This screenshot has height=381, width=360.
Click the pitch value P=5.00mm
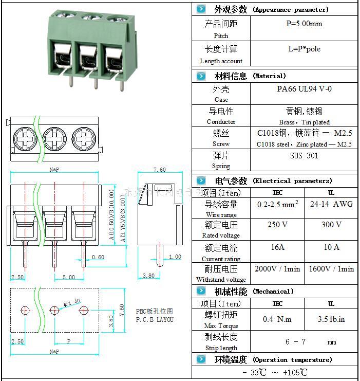coord(304,24)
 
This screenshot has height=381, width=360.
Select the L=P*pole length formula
coord(304,49)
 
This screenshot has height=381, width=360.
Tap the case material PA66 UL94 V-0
coord(304,89)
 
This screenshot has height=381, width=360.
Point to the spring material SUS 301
coord(304,156)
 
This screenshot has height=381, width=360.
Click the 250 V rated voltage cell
coord(277,225)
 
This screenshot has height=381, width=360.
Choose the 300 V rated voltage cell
coord(331,225)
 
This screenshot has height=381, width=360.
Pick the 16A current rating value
coord(277,247)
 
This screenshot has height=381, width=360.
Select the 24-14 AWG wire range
coord(331,204)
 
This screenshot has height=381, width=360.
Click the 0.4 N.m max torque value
coord(277,319)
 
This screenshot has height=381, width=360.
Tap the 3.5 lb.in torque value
coord(331,319)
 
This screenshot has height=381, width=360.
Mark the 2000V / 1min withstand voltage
coord(277,269)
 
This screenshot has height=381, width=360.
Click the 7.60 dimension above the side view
coord(160,170)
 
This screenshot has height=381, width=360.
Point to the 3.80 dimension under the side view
coord(148,276)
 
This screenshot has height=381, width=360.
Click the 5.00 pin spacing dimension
coord(69,278)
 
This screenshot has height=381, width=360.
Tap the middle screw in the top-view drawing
coord(54,138)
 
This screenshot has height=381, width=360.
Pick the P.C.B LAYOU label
coord(155,319)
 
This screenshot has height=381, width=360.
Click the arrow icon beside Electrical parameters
coord(201,180)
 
